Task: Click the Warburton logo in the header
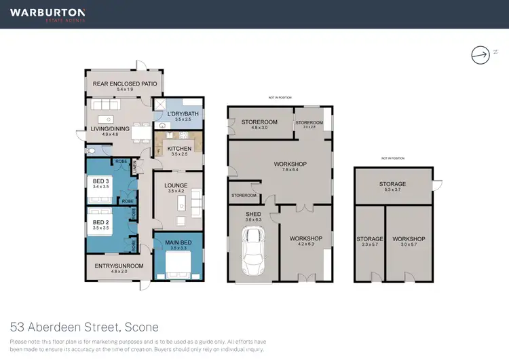pyautogui.click(x=48, y=14)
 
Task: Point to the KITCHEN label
pyautogui.click(x=179, y=149)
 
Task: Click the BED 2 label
pyautogui.click(x=101, y=222)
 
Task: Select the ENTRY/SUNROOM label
pyautogui.click(x=114, y=266)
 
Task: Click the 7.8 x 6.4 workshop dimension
pyautogui.click(x=290, y=170)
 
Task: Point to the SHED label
pyautogui.click(x=252, y=214)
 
